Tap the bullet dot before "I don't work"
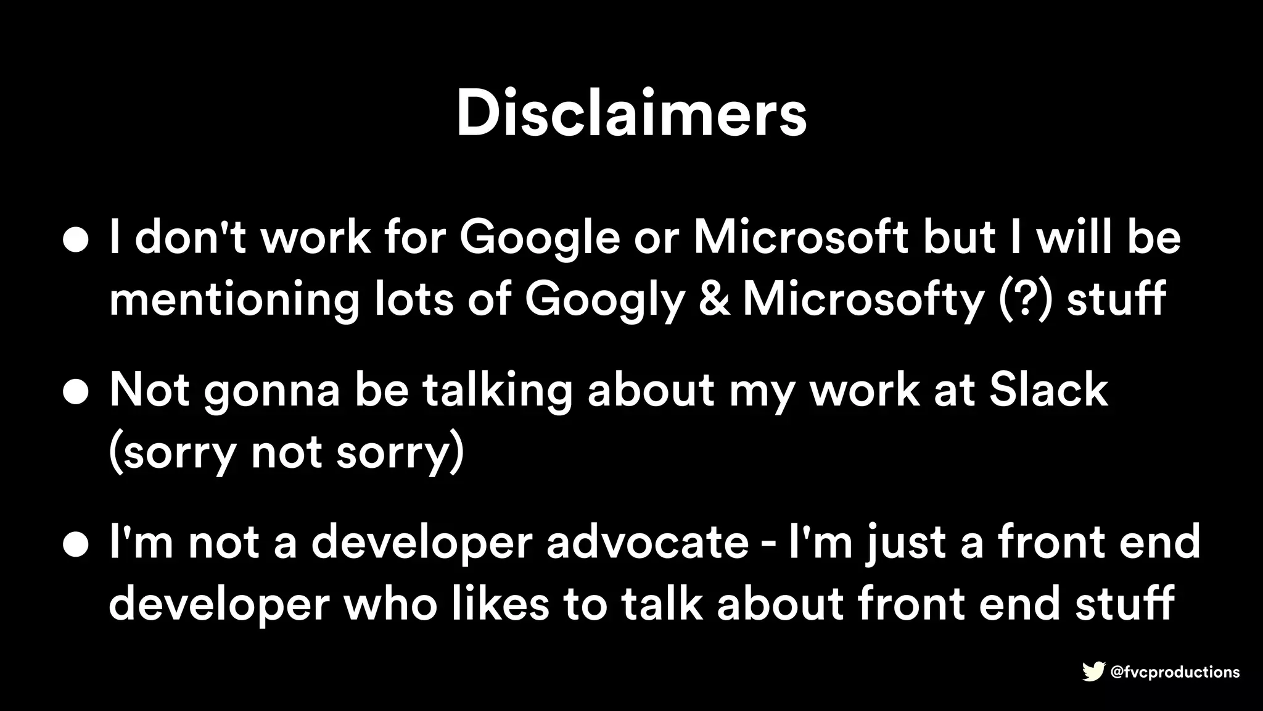[x=76, y=240]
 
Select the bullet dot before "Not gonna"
[x=76, y=392]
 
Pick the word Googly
[x=604, y=299]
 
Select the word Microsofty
[x=863, y=299]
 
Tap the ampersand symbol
[x=714, y=298]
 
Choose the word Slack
[x=1048, y=389]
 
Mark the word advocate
[x=648, y=542]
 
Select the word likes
[x=500, y=603]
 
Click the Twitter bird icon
[x=1093, y=672]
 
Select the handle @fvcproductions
[x=1175, y=672]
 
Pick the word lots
[x=414, y=298]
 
